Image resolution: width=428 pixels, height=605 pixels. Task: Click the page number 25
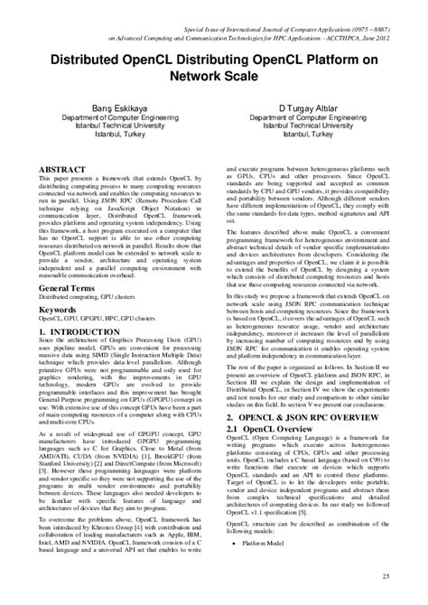click(x=386, y=576)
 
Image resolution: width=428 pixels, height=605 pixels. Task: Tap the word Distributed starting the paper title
click(x=87, y=60)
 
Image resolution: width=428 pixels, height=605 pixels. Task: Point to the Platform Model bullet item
click(x=266, y=544)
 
